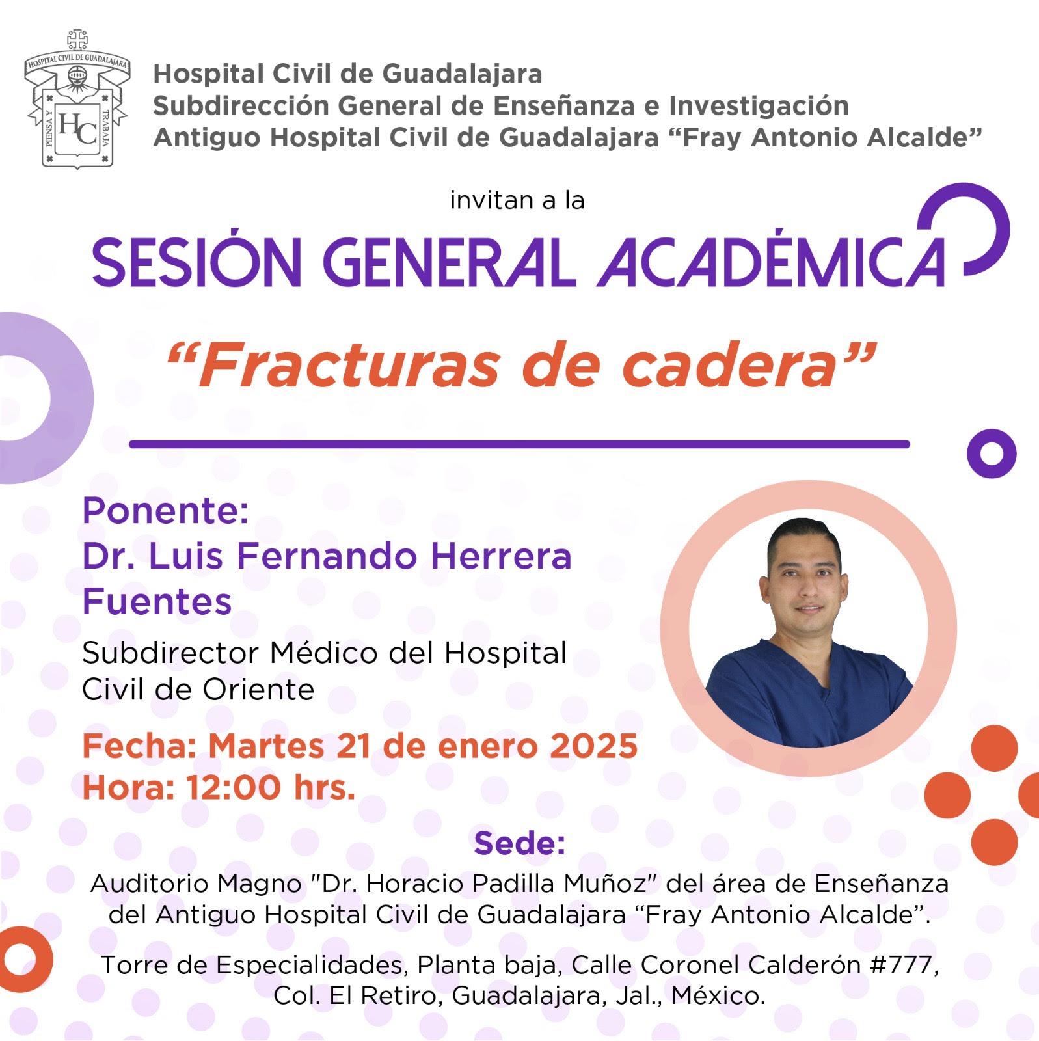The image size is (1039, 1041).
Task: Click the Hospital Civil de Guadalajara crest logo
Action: click(x=77, y=99)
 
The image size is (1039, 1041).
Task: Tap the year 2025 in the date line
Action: click(x=593, y=746)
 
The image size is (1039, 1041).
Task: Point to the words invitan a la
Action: click(x=517, y=200)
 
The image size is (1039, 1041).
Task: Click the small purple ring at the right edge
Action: click(x=992, y=453)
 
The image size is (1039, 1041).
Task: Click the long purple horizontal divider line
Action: click(x=519, y=444)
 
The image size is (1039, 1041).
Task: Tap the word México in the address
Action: click(x=718, y=995)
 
